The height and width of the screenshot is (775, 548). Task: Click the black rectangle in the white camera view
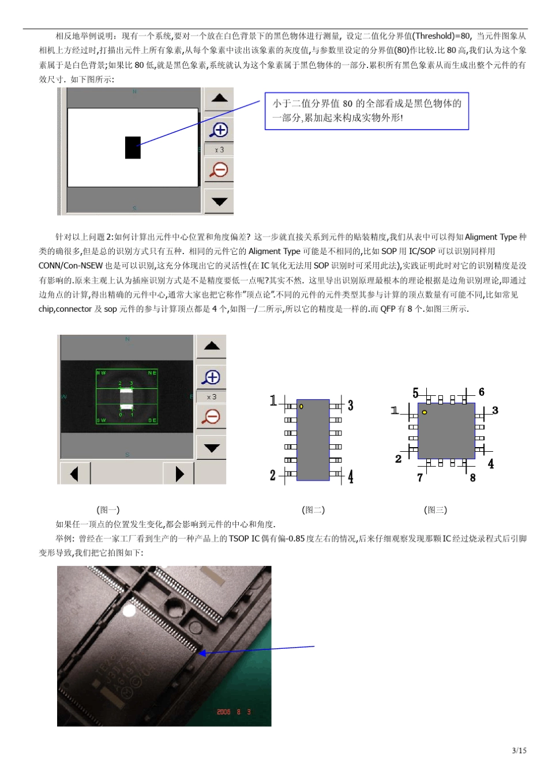[x=133, y=148]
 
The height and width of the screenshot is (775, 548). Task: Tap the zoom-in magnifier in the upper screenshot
[x=219, y=130]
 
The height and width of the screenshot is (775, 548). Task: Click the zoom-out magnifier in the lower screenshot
[x=211, y=416]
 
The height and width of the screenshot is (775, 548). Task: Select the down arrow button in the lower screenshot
[x=211, y=448]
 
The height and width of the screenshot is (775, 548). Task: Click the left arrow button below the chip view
[x=74, y=474]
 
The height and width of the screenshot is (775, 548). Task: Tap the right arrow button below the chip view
[x=179, y=474]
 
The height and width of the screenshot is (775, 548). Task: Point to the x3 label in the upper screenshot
[x=219, y=150]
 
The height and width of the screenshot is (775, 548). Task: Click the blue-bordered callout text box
[x=366, y=111]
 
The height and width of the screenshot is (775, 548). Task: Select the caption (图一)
[x=108, y=510]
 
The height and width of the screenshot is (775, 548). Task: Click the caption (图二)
[x=313, y=510]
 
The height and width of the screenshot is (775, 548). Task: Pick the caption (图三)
[x=436, y=510]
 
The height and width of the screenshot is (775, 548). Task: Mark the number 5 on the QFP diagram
[x=415, y=393]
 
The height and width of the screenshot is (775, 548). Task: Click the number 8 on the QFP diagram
[x=472, y=478]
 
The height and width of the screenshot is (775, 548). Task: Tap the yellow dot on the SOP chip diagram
[x=301, y=406]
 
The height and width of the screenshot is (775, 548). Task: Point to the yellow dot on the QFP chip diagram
[x=425, y=412]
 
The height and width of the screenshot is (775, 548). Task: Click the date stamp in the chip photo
[x=234, y=712]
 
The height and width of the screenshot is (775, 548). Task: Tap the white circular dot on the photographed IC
[x=129, y=610]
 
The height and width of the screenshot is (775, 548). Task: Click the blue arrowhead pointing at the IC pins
[x=202, y=653]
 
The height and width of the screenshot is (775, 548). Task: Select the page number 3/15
[x=519, y=750]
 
